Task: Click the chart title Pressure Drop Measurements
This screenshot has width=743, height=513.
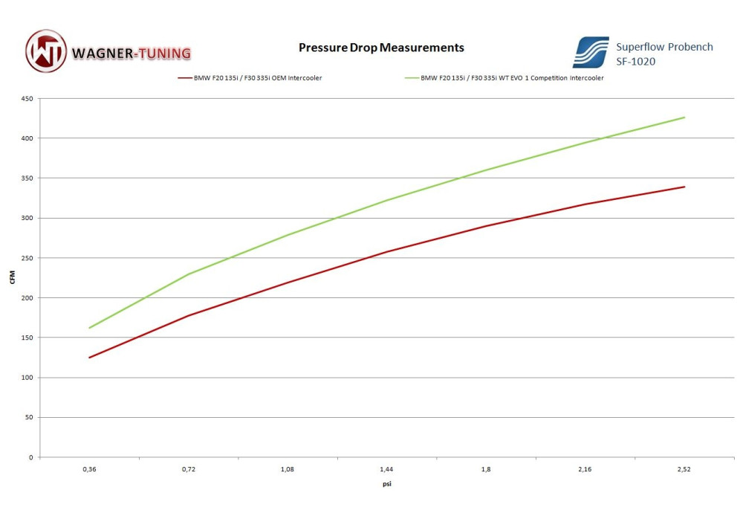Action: tap(381, 48)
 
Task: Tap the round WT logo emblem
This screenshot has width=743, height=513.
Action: tap(46, 51)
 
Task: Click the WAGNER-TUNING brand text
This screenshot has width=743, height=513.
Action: tap(132, 53)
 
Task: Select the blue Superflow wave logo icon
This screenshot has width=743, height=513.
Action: tap(591, 53)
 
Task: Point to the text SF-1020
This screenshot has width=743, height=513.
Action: tap(635, 62)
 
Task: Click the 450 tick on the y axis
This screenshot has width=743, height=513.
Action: tap(27, 98)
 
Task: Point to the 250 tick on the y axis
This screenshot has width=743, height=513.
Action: tap(27, 258)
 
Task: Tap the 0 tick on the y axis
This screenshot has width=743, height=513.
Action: tap(30, 457)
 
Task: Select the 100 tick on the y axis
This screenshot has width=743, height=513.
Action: tap(27, 378)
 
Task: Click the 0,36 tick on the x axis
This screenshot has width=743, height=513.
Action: tap(89, 470)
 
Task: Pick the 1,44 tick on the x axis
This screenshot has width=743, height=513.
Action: tap(386, 470)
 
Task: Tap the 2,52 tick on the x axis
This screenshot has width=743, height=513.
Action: tap(684, 470)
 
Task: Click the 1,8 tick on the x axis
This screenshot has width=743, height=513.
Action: tap(486, 470)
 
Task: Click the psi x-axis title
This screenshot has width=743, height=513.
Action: tap(386, 484)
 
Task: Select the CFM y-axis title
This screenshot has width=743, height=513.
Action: tap(12, 278)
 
